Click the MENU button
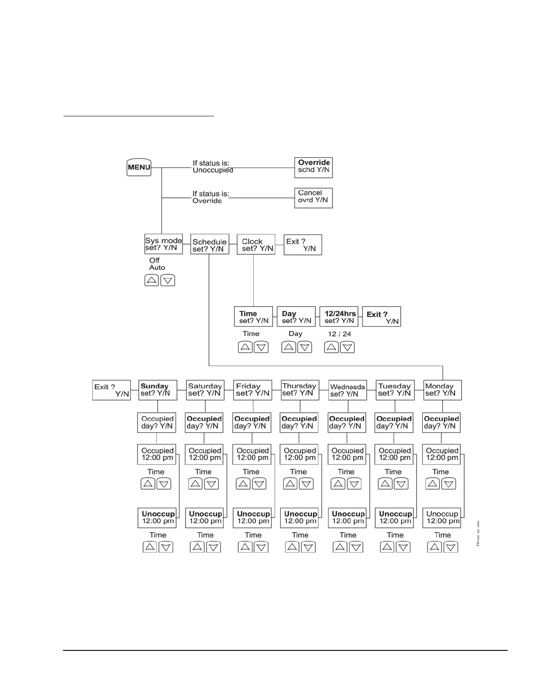(139, 167)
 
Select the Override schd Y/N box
(313, 167)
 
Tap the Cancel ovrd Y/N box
(313, 198)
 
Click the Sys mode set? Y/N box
(163, 244)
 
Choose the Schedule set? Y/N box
(210, 245)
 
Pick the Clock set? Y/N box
(256, 245)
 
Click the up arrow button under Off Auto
(151, 280)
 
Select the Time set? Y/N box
(253, 316)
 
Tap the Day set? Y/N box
(296, 316)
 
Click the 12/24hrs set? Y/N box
(339, 316)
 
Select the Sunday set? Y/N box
(158, 390)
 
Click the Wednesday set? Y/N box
(348, 390)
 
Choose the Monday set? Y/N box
(442, 390)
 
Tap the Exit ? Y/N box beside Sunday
(111, 390)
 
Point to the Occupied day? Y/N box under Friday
(252, 422)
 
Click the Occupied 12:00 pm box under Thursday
(299, 454)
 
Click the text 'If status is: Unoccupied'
(212, 167)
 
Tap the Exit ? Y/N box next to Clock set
(303, 245)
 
